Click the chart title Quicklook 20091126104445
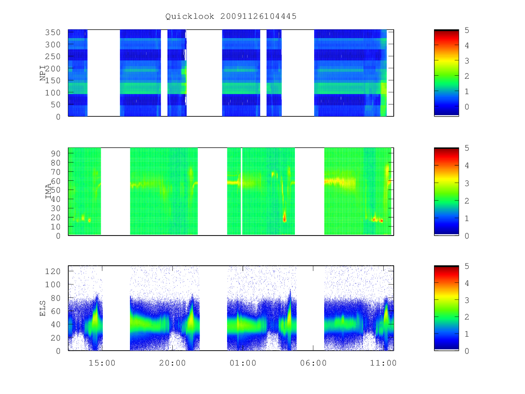tap(231, 16)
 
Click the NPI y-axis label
tap(43, 73)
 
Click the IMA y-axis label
tap(48, 191)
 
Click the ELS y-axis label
tap(42, 309)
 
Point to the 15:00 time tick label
tap(102, 363)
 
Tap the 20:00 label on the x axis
tap(172, 363)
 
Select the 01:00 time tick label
tap(243, 363)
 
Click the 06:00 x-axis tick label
tap(313, 363)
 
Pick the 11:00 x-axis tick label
tap(383, 363)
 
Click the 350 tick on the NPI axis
tap(52, 32)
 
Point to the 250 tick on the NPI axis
tap(52, 56)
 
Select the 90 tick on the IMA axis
tap(56, 154)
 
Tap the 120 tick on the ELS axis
tap(52, 271)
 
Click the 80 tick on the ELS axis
tap(56, 298)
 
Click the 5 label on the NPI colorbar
tap(467, 30)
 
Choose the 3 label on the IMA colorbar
tap(467, 183)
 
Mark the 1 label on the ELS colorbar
tap(467, 334)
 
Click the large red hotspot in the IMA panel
tap(284, 218)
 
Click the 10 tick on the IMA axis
tap(56, 227)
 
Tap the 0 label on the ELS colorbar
tap(467, 351)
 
